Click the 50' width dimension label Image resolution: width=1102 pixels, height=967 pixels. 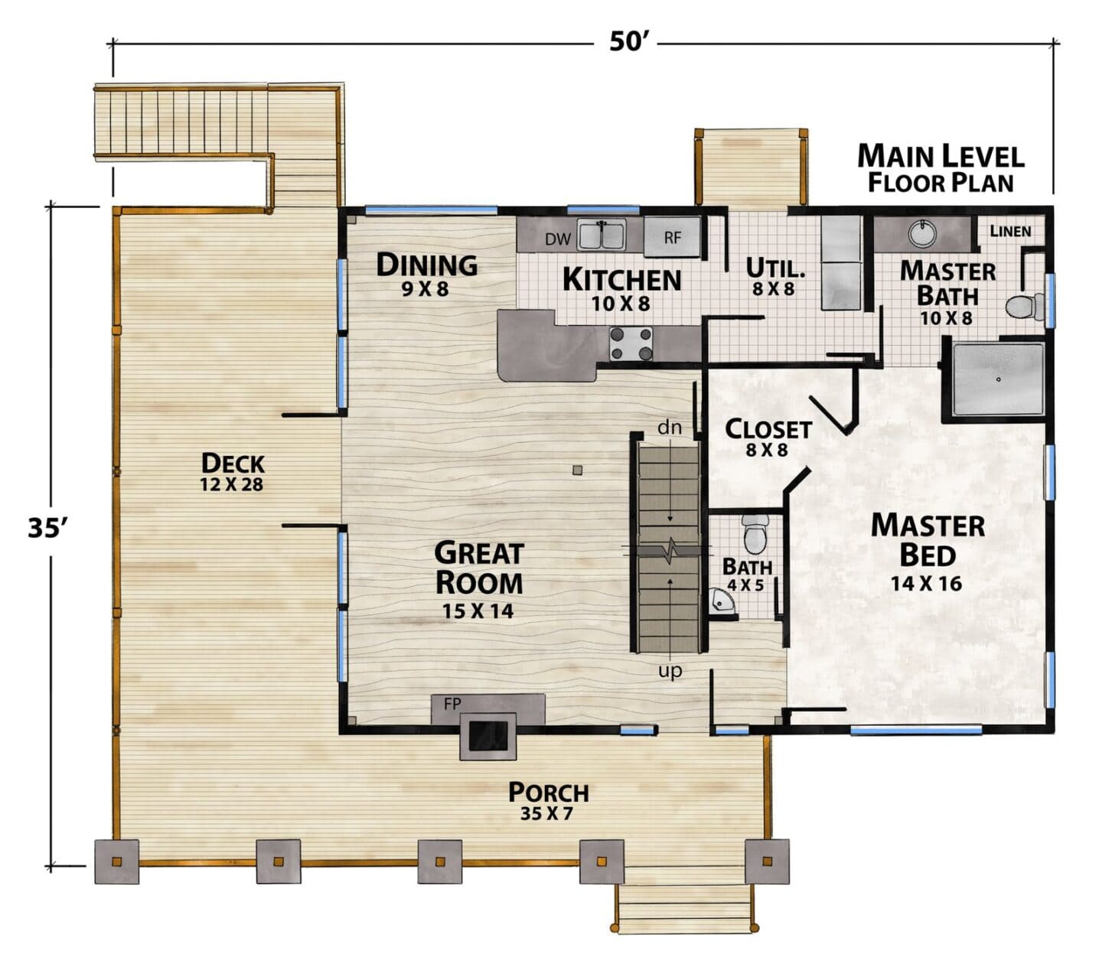pos(629,41)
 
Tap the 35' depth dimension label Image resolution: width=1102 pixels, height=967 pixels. pos(48,527)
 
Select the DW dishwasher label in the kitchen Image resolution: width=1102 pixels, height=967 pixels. pos(558,239)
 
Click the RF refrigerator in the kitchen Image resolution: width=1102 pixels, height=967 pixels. pos(671,236)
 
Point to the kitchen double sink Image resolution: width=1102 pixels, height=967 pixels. pos(601,235)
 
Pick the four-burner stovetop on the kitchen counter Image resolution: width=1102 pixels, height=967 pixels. pos(631,344)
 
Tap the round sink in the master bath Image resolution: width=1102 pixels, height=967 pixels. pos(922,233)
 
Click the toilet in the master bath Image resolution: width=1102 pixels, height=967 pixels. pos(1024,306)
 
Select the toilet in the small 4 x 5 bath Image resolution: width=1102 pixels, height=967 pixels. pos(755,533)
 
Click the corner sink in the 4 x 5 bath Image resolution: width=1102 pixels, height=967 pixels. pos(721,602)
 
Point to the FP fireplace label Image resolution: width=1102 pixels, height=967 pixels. pos(452,704)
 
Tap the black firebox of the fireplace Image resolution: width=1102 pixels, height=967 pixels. pos(488,736)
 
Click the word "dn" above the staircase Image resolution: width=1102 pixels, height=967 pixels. pos(669,427)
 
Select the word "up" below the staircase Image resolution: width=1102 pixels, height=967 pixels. pos(670,670)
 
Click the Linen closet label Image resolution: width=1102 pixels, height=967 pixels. pos(1010,231)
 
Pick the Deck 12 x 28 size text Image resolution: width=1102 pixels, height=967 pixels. pos(231,484)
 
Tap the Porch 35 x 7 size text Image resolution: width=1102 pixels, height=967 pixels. pos(546,813)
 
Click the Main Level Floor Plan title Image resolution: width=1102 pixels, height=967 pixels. pos(941,168)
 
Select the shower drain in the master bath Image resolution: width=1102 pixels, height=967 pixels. pos(998,379)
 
